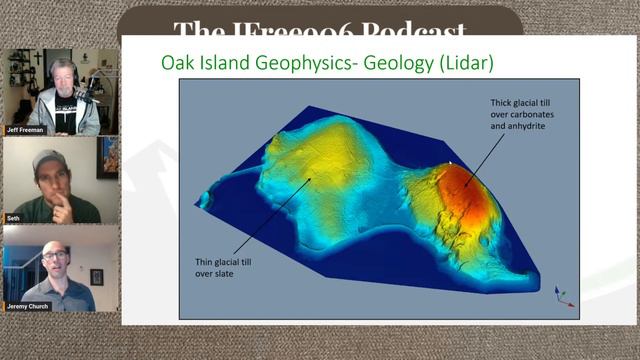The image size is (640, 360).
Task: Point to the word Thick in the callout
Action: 502,103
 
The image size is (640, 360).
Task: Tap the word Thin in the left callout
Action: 205,261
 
